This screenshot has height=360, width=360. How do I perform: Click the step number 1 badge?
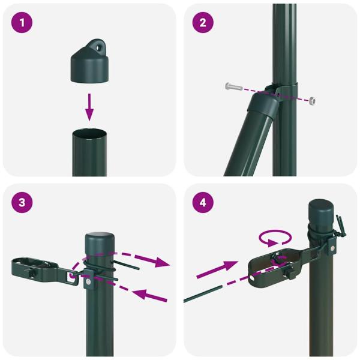click(x=22, y=23)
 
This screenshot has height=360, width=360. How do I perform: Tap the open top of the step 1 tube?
click(x=89, y=133)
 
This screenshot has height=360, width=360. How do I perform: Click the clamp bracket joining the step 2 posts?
click(x=282, y=92)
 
